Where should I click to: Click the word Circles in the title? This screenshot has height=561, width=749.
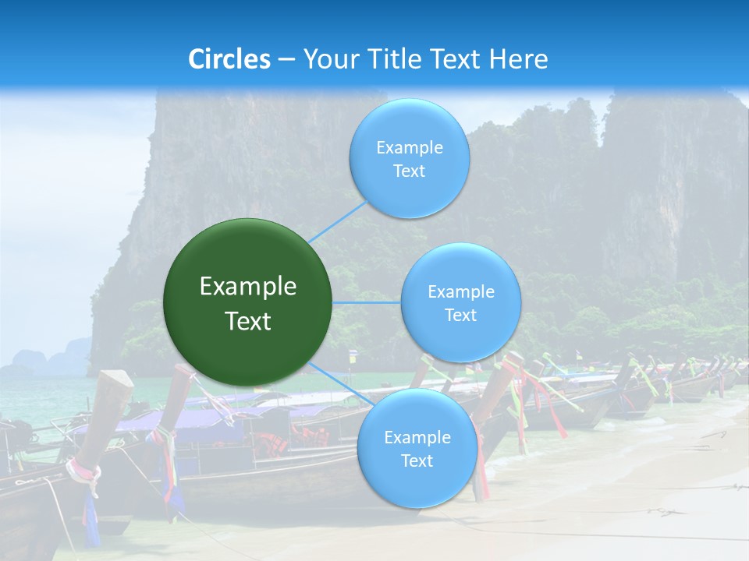click(229, 59)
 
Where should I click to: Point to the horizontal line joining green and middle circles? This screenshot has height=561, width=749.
click(366, 302)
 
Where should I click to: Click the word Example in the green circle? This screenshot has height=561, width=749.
click(247, 287)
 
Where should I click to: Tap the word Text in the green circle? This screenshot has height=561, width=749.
click(247, 321)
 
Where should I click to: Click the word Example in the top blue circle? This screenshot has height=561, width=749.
click(409, 148)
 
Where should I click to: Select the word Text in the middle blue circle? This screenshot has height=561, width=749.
click(460, 316)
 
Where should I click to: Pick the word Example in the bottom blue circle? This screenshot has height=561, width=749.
click(417, 438)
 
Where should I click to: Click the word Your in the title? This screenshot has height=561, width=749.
click(328, 59)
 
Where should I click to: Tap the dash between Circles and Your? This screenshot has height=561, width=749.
click(286, 60)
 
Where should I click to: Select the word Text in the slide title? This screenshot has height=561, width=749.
click(456, 59)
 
